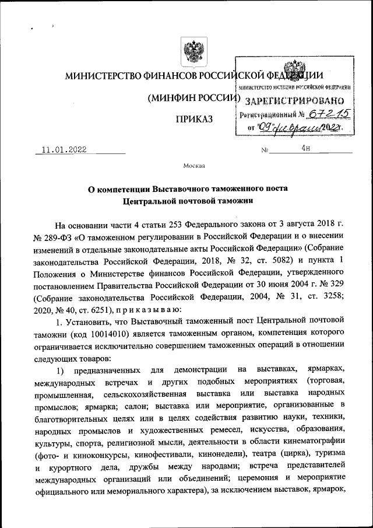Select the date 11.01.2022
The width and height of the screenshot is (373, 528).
click(x=64, y=149)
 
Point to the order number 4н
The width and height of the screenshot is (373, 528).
click(x=306, y=149)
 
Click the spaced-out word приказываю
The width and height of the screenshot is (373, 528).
click(x=152, y=308)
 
